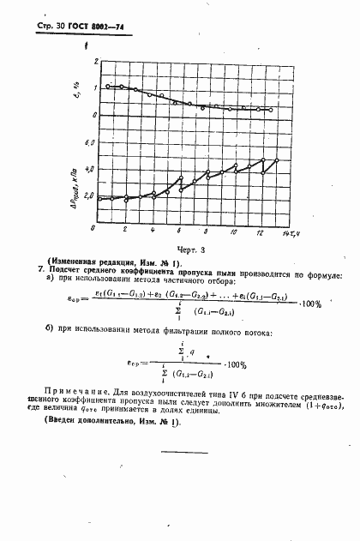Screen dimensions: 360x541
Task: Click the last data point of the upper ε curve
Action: (x=271, y=110)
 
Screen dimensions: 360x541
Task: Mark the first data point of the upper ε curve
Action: (x=106, y=87)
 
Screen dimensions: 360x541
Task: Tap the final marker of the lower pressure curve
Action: (x=277, y=160)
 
